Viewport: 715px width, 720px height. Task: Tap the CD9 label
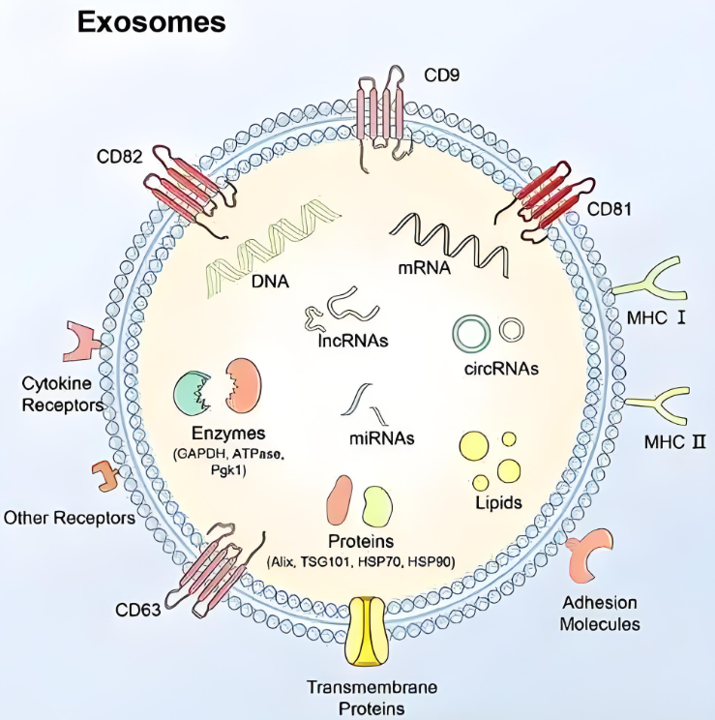click(x=442, y=74)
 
